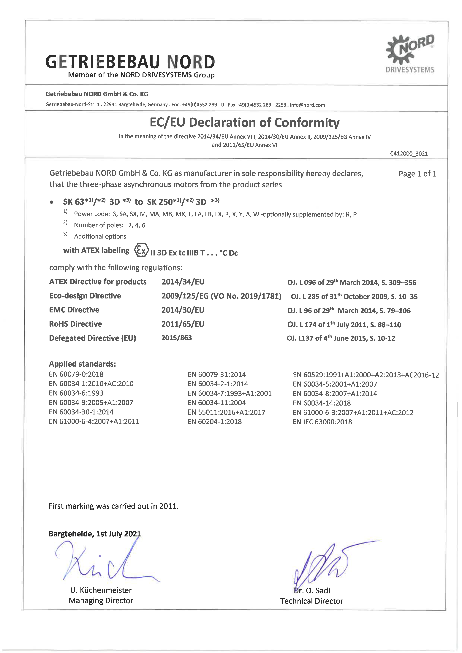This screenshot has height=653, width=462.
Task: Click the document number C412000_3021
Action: click(409, 154)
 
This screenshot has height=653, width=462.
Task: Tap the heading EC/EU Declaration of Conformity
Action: click(244, 123)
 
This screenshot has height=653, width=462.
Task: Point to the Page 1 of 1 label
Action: click(417, 174)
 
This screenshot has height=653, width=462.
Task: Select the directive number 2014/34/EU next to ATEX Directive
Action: click(183, 282)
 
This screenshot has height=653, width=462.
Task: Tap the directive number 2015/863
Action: click(176, 338)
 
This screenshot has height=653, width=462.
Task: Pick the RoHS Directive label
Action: click(75, 324)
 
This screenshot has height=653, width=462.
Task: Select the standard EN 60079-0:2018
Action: click(76, 374)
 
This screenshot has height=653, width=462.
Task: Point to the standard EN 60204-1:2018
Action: click(214, 422)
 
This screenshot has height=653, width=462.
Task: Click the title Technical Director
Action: click(312, 601)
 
